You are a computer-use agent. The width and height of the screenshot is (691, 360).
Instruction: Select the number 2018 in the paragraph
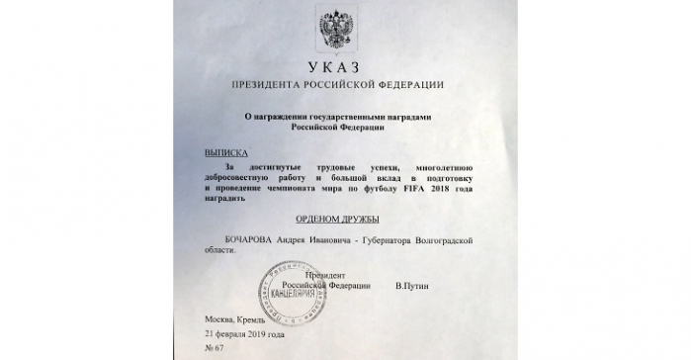[447, 187]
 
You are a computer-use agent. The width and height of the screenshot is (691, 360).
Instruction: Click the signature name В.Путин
[414, 286]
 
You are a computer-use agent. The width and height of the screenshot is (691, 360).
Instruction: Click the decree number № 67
[216, 352]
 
